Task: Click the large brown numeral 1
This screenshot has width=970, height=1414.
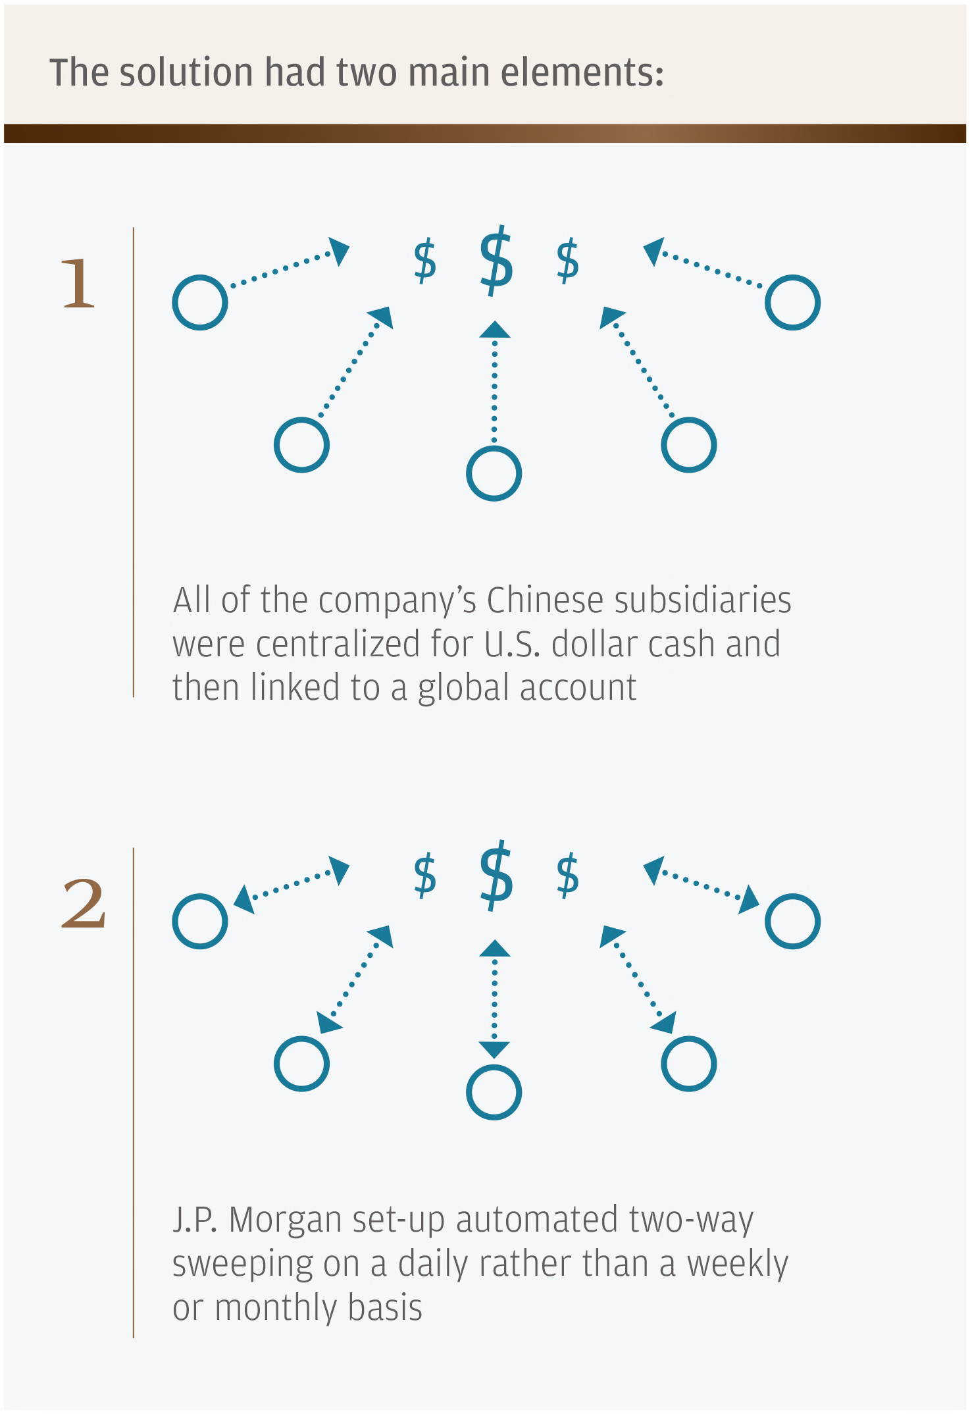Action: coord(79,283)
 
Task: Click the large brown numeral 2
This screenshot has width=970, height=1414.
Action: coord(84,904)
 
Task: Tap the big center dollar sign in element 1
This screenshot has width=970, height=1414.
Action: coord(496,261)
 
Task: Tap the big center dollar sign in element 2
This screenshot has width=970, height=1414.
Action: coord(496,876)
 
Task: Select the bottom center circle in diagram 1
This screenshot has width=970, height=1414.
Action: coord(494,473)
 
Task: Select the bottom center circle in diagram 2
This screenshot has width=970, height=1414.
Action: coord(494,1092)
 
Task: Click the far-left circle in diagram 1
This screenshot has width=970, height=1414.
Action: coord(200,302)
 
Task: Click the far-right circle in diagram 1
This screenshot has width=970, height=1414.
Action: coord(792,302)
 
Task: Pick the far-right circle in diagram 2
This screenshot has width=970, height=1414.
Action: coord(792,921)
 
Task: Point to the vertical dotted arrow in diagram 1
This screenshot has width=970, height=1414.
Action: coord(495,382)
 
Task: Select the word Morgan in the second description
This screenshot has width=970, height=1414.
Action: coord(286,1220)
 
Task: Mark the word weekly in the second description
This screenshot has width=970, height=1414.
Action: coord(737,1264)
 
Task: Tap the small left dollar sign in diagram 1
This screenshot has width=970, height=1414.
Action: coord(425,261)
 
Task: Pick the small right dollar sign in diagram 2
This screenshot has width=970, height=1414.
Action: coord(567,876)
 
